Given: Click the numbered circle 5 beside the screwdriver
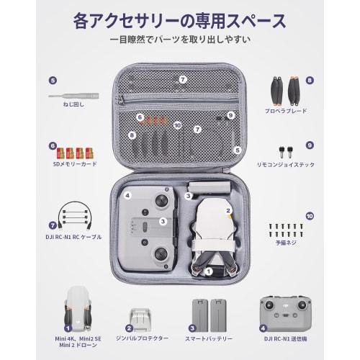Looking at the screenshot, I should [x=52, y=80].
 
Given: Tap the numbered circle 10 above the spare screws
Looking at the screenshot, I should [x=310, y=215].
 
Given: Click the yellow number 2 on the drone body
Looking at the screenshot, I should [x=228, y=211].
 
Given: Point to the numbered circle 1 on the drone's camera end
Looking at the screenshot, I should [x=209, y=271].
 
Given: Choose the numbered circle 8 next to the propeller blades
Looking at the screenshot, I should [x=309, y=81].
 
